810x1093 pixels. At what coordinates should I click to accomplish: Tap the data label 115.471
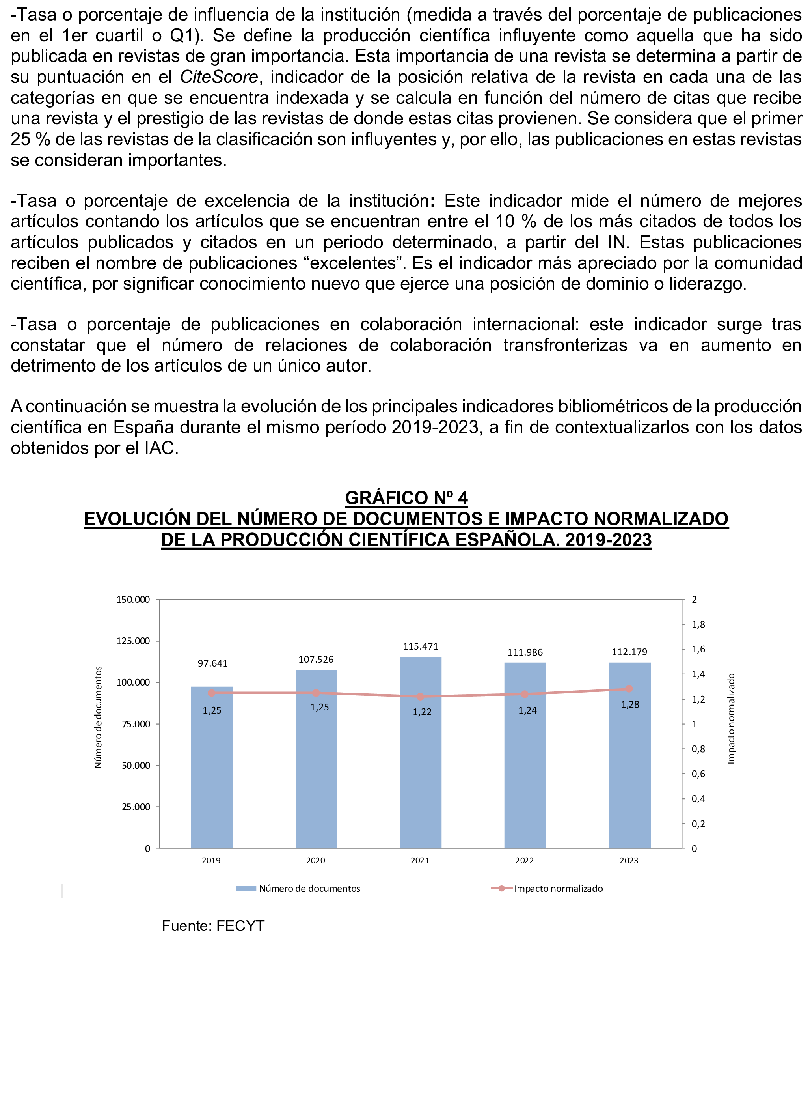click(x=420, y=646)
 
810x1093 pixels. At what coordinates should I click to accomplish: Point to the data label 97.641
click(x=212, y=663)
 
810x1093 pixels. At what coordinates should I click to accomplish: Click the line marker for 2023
click(x=629, y=689)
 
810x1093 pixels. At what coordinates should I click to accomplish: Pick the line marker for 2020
click(x=316, y=693)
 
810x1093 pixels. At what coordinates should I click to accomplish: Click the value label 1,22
click(x=422, y=712)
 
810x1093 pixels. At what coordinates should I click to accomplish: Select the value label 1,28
click(x=629, y=704)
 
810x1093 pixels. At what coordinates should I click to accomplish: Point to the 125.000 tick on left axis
click(x=133, y=641)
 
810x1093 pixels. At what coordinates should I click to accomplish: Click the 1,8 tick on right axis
click(x=698, y=624)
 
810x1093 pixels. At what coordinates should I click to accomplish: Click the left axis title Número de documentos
click(x=98, y=717)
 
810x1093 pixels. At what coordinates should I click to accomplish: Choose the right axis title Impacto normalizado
click(x=731, y=718)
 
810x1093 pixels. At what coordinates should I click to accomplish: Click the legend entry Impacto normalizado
click(x=558, y=888)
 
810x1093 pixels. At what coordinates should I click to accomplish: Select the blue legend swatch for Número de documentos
click(x=246, y=888)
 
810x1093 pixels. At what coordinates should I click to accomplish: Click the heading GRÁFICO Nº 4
click(x=406, y=497)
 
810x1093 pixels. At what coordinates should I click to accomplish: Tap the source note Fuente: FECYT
click(x=213, y=926)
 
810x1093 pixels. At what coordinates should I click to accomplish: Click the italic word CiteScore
click(x=219, y=77)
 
